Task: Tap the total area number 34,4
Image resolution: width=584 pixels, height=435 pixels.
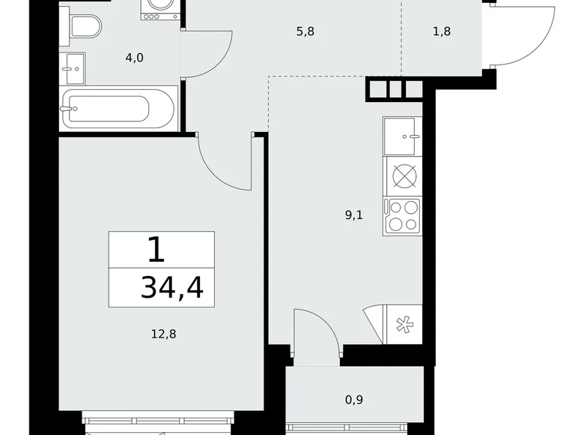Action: pos(171,287)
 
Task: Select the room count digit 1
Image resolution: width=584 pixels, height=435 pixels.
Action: pos(155,250)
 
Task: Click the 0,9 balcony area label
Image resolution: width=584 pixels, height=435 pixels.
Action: pos(355,400)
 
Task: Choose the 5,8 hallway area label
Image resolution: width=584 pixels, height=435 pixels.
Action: pos(305,31)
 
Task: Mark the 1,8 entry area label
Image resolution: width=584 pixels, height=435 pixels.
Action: pos(442,31)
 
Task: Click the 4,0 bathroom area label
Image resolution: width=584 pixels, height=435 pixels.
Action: pos(134,57)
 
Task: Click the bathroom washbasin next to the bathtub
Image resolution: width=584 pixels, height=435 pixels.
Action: pos(73,68)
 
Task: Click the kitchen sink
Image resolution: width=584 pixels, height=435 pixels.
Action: pos(403,136)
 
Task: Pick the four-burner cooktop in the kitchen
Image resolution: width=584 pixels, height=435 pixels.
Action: pos(403,216)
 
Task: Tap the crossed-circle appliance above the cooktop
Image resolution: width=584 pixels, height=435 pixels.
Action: pos(403,175)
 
